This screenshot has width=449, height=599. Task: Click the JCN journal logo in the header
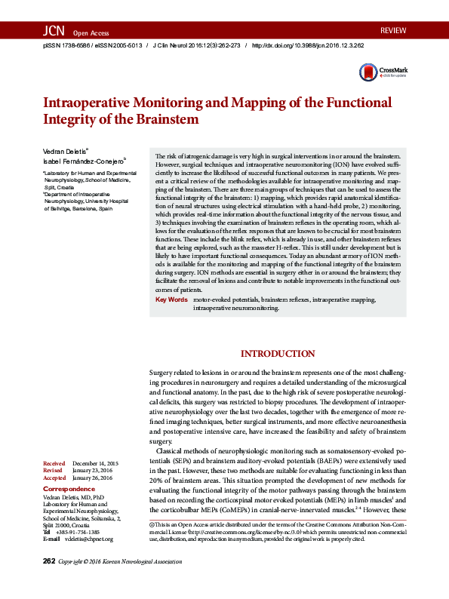tap(54, 31)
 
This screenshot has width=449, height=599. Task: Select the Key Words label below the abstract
tap(171, 321)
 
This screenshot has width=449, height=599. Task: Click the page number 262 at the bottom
tap(49, 582)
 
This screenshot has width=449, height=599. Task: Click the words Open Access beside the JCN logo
tap(91, 33)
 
